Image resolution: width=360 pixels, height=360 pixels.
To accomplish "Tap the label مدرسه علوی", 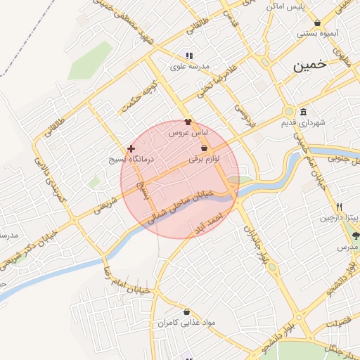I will [x=188, y=67].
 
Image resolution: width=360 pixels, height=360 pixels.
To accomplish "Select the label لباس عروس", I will [x=188, y=132].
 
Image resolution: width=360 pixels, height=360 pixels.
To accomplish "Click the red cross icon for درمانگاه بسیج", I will [x=131, y=149].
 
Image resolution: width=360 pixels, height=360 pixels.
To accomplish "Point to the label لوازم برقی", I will [x=204, y=160].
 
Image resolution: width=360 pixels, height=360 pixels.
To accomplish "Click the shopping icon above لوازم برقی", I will [x=204, y=148].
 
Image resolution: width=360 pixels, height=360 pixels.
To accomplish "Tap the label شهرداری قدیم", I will [x=304, y=123].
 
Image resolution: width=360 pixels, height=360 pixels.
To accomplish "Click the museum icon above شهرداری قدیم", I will [x=303, y=112].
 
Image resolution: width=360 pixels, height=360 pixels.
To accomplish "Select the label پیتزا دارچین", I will [x=340, y=218].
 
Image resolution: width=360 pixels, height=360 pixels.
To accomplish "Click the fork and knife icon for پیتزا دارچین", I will [x=340, y=207].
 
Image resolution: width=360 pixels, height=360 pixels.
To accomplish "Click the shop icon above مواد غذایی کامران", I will [x=186, y=311].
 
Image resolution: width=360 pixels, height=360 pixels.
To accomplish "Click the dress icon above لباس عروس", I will [x=188, y=122].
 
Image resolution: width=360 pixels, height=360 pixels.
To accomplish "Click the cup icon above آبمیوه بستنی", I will [x=318, y=22].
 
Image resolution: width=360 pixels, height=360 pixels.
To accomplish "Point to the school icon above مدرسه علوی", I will [x=188, y=56].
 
